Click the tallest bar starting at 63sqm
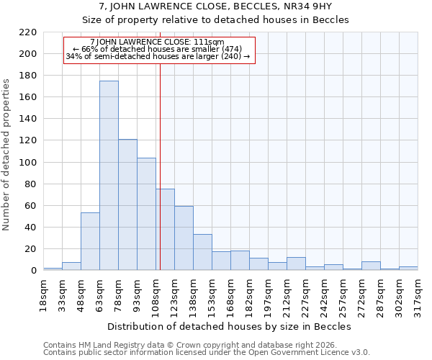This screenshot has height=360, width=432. (109, 176)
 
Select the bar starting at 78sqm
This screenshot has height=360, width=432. (127, 205)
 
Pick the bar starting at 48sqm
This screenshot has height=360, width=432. (90, 242)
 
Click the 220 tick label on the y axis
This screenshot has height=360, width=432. (27, 32)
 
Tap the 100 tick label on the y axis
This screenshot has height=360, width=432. (27, 163)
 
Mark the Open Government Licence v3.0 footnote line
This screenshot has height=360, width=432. (207, 352)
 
